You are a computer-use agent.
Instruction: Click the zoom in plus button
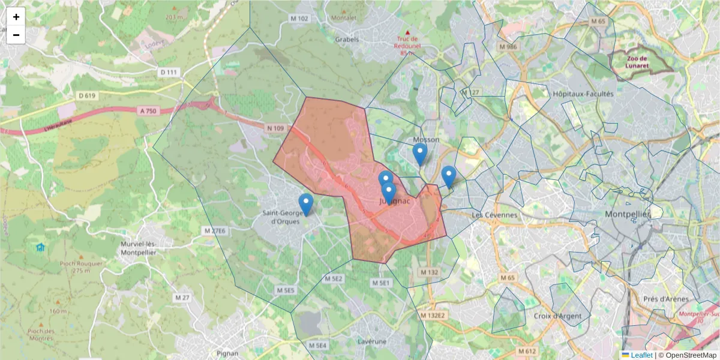point(16,17)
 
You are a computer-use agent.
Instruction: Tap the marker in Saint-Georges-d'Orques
point(306,204)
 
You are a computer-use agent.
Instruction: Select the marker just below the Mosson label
point(420,154)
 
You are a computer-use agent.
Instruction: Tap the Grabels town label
point(347,40)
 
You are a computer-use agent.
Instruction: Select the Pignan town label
point(227,353)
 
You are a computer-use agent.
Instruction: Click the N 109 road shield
point(275,128)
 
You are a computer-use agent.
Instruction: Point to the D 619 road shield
point(87,95)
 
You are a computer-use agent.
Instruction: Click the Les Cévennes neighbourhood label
point(494,215)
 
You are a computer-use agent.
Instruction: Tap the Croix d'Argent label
point(554,316)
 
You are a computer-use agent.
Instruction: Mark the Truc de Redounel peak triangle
point(408,32)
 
